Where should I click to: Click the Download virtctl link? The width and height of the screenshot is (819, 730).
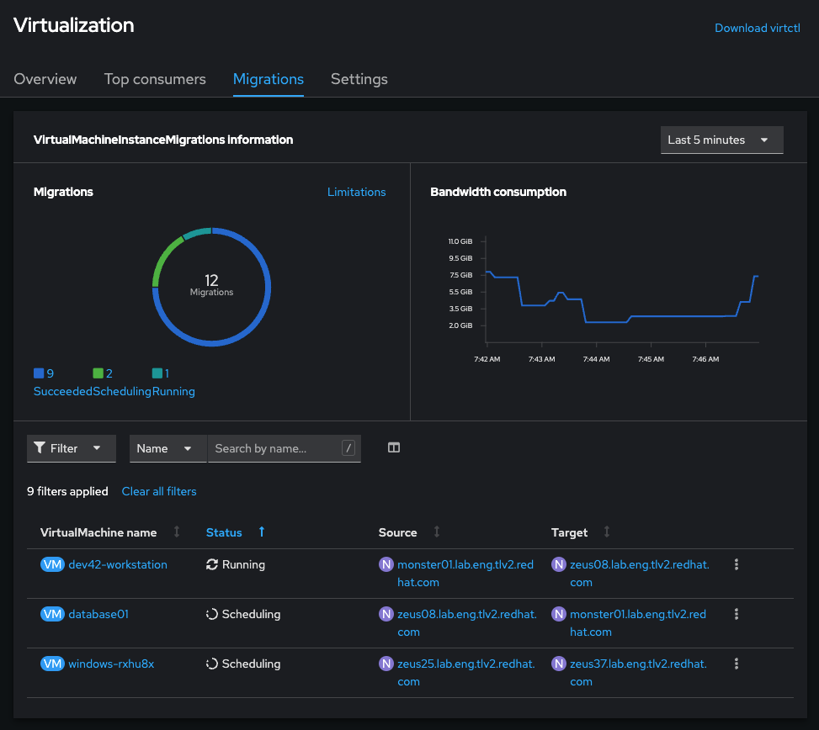pos(757,28)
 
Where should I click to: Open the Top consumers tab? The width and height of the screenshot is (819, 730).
pos(155,79)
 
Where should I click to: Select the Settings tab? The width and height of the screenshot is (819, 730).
pos(359,79)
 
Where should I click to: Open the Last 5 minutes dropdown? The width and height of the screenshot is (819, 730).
pos(721,140)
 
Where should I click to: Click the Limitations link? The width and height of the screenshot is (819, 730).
pos(356,192)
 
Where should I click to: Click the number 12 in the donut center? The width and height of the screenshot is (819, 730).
pos(211,279)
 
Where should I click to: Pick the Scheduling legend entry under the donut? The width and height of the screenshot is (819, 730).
pos(122,391)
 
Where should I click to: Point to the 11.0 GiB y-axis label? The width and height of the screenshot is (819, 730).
pos(460,241)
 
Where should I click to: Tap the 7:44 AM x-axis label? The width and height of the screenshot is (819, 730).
pos(596,359)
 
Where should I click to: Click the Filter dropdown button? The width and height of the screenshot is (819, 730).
pos(71,448)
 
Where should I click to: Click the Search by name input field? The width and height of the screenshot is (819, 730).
pos(276,448)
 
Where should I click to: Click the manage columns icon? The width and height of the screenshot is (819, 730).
pos(393,448)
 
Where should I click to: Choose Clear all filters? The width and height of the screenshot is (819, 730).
pos(159,491)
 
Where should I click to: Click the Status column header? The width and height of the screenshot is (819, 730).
pos(224,532)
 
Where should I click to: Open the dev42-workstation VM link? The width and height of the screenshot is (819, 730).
pos(118,564)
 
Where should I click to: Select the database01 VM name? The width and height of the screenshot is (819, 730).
pos(98,614)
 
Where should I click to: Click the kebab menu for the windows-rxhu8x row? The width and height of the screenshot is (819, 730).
pos(737,664)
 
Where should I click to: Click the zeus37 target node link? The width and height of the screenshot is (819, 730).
pos(638,664)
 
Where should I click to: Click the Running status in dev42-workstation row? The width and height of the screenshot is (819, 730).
pos(242,564)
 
